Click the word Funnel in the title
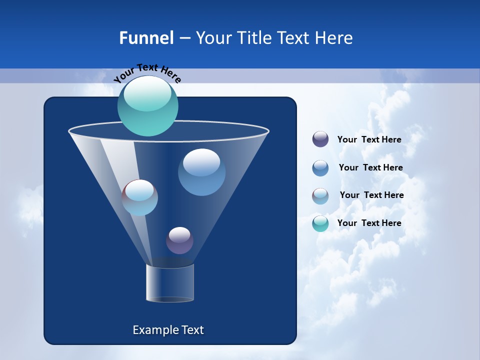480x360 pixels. tap(146, 38)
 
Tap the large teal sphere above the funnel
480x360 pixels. tap(147, 112)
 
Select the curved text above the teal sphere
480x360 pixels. tap(147, 72)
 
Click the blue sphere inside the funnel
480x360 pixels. tap(201, 172)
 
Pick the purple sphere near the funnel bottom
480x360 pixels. tap(179, 240)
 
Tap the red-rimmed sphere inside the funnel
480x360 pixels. tap(140, 197)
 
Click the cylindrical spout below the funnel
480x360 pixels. tap(169, 283)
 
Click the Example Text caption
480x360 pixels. tap(168, 330)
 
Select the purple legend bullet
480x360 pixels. tap(320, 139)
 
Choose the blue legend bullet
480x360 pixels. tap(320, 168)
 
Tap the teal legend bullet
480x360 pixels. tap(320, 223)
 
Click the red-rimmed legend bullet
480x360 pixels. tap(320, 196)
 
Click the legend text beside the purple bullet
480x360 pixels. tap(369, 139)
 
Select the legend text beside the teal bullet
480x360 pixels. tap(369, 223)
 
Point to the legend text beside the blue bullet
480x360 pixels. tap(370, 167)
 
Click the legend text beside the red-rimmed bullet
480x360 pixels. tap(371, 195)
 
